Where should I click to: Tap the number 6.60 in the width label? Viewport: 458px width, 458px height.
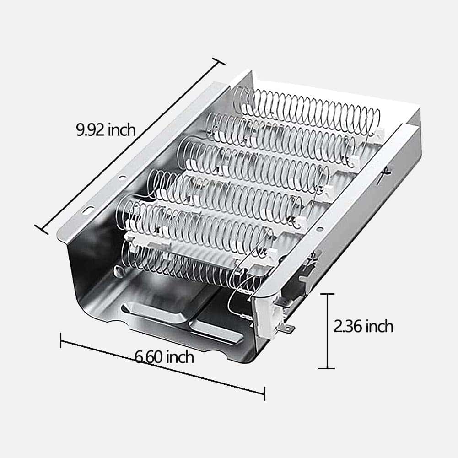148,357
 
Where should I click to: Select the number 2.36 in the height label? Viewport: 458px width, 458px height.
348,326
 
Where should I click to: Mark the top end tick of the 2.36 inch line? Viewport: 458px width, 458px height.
327,294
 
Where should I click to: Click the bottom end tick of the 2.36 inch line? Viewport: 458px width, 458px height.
327,368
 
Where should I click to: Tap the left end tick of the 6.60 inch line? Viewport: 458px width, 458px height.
60,340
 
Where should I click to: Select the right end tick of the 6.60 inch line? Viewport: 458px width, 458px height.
264,393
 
